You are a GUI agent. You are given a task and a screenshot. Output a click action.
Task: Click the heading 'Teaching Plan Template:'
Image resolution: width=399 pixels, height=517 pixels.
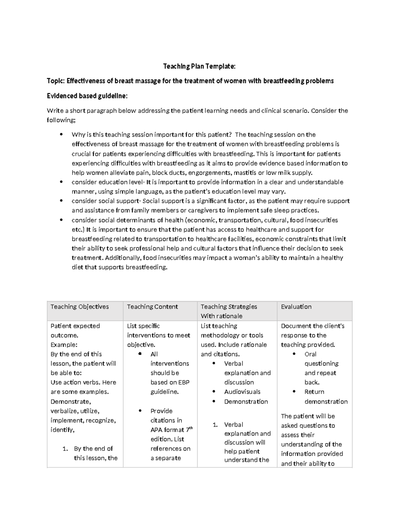(x=199, y=66)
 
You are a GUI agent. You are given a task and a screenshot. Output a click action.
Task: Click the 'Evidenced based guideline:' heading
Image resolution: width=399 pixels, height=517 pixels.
(x=87, y=96)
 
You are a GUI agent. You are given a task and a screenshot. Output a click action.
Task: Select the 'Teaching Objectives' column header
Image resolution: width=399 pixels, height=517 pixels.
(x=79, y=307)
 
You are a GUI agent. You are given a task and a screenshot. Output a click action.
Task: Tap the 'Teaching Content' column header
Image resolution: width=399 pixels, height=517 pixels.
(x=152, y=307)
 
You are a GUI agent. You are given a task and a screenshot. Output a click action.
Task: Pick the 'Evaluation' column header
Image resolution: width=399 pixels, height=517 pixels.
(x=296, y=307)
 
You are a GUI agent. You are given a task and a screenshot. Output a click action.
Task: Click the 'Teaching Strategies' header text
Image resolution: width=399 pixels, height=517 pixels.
(x=229, y=307)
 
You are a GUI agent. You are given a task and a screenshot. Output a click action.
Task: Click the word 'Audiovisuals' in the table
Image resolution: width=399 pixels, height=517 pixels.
(x=242, y=392)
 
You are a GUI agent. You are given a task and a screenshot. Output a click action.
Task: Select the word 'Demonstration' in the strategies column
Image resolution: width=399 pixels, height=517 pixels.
(x=246, y=401)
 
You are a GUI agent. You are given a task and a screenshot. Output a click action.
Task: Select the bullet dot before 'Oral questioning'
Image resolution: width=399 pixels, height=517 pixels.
(x=294, y=354)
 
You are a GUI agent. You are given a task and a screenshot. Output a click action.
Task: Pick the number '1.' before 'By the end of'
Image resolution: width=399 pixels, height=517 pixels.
(x=66, y=449)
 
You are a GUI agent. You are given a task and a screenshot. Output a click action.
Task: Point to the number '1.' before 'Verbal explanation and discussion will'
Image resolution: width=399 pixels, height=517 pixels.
(x=215, y=425)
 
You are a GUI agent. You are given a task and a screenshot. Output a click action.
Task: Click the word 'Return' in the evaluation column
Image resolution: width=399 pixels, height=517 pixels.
(x=314, y=392)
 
